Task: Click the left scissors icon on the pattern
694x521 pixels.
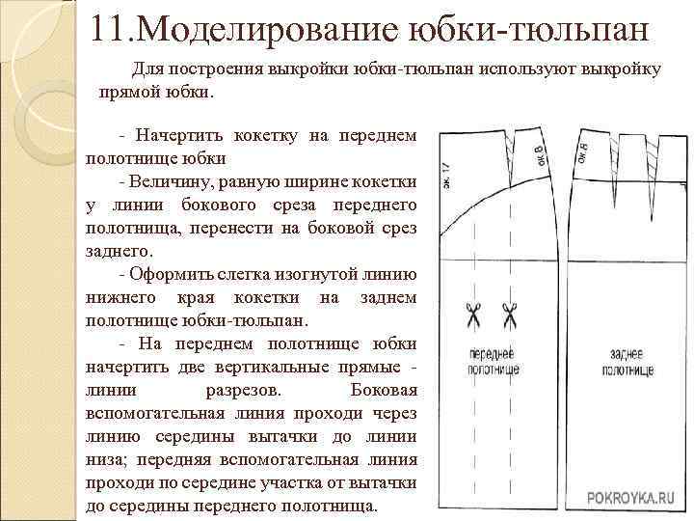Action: point(474,315)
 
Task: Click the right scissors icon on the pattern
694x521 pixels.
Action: point(509,315)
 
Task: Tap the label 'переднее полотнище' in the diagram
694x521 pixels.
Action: point(493,363)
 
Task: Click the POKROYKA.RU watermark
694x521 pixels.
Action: point(632,497)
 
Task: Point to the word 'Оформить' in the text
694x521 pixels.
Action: point(172,274)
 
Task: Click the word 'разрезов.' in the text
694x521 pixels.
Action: point(245,390)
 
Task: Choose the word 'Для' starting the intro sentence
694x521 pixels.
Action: point(148,70)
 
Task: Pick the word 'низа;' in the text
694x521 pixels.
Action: point(107,459)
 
